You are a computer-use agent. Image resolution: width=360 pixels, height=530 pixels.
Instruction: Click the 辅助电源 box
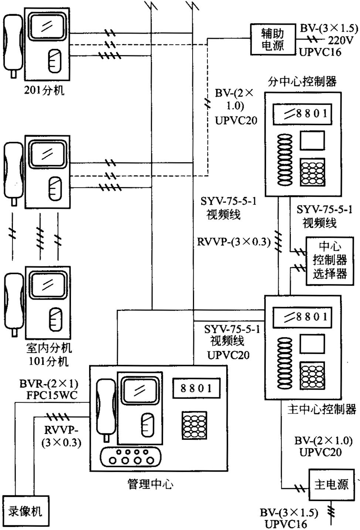coord(273,40)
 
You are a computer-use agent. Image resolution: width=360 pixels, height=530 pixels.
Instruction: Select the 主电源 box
coord(331,485)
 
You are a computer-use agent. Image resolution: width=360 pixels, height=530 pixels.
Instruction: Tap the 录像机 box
coord(25,512)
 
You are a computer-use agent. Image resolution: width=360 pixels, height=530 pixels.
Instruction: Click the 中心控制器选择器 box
coord(330,261)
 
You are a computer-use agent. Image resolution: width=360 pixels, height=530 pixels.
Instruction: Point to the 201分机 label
coord(44,90)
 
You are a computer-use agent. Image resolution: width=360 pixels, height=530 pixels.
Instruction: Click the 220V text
coord(340,40)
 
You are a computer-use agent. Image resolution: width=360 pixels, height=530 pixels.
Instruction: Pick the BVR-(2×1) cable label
coord(49,383)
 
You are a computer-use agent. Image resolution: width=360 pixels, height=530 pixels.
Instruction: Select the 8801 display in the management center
coord(196,388)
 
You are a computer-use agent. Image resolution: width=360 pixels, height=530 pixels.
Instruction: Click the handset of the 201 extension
coord(12,44)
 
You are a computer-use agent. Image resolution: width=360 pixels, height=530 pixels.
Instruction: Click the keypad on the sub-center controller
coord(313,172)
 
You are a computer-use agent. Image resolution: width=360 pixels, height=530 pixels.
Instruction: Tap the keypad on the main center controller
coord(312,375)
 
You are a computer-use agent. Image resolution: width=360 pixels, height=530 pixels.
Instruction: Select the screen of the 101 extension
coord(47,285)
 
